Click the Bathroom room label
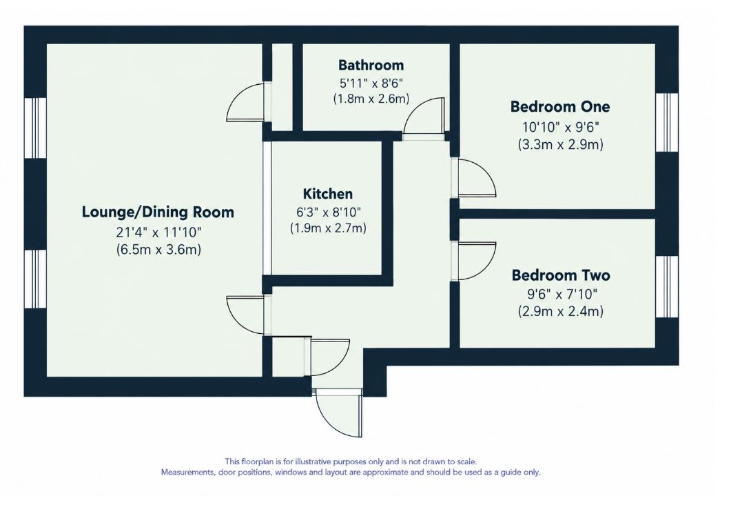[x=371, y=66]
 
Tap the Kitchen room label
[x=327, y=194]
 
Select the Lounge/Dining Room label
[x=158, y=212]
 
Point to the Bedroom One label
[x=560, y=106]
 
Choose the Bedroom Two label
[x=560, y=275]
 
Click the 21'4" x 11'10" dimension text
[x=158, y=232]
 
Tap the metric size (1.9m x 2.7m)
[x=328, y=228]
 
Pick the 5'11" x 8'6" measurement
[x=371, y=83]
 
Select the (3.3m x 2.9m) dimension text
[x=560, y=144]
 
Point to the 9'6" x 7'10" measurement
[x=562, y=293]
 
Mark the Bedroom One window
[x=667, y=122]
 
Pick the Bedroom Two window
[x=667, y=287]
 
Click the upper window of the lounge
[x=35, y=128]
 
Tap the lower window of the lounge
[x=35, y=279]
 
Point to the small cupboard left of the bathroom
[x=282, y=86]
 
